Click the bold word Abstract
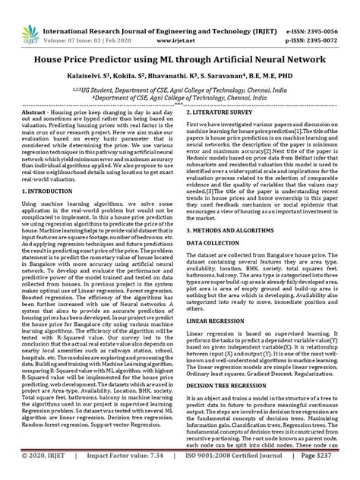point(37,111)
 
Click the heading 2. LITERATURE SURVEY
point(227,111)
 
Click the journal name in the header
point(179,10)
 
